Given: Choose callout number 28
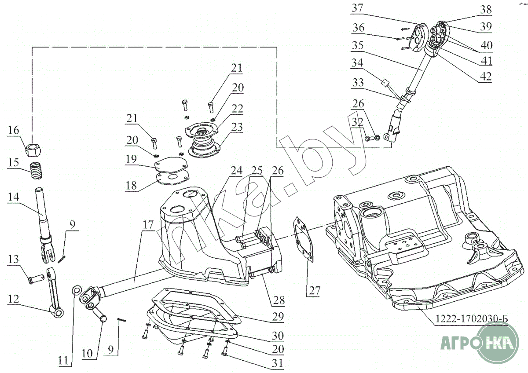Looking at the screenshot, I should pos(278,300).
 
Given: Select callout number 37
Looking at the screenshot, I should pos(358,8).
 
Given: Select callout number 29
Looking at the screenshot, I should pos(278,316).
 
